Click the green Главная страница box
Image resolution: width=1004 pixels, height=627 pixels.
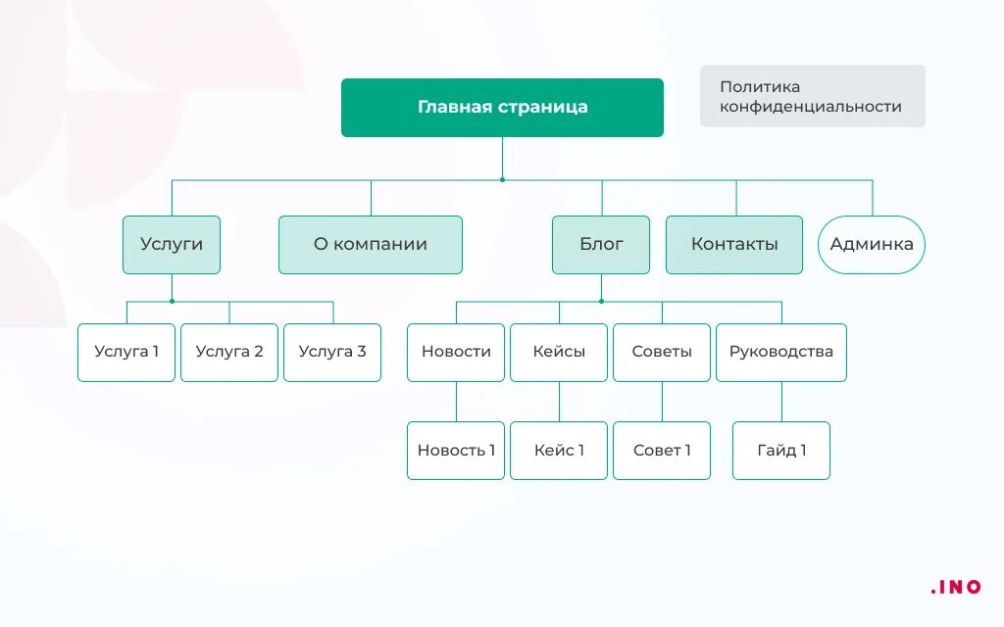tap(502, 108)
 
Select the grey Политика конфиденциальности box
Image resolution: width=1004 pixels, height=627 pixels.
tap(812, 96)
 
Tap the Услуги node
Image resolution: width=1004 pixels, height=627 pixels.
tap(172, 244)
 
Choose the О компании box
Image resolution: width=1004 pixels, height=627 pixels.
tap(371, 244)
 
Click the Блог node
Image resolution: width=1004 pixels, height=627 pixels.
tap(601, 244)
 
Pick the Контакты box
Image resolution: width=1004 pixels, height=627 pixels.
tap(734, 244)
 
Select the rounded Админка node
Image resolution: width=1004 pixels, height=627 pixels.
tap(872, 244)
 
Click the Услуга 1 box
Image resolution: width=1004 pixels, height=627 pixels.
tap(126, 352)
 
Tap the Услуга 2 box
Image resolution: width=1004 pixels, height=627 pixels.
tap(229, 352)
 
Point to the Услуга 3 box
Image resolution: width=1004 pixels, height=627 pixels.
tap(332, 352)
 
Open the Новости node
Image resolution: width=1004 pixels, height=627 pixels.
tap(456, 352)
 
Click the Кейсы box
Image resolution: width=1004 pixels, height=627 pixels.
tap(559, 352)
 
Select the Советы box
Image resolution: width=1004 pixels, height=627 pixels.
tap(662, 352)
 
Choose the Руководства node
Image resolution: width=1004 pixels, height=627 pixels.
tap(781, 352)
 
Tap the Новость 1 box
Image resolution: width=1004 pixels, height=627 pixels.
tap(456, 451)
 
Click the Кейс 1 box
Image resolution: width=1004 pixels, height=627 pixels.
tap(559, 451)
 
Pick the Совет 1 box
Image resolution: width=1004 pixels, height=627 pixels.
tap(662, 451)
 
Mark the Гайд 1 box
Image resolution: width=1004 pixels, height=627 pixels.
tap(781, 451)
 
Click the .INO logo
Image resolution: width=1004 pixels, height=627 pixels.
tap(956, 587)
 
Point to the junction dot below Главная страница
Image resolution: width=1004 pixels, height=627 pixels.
tap(502, 180)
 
